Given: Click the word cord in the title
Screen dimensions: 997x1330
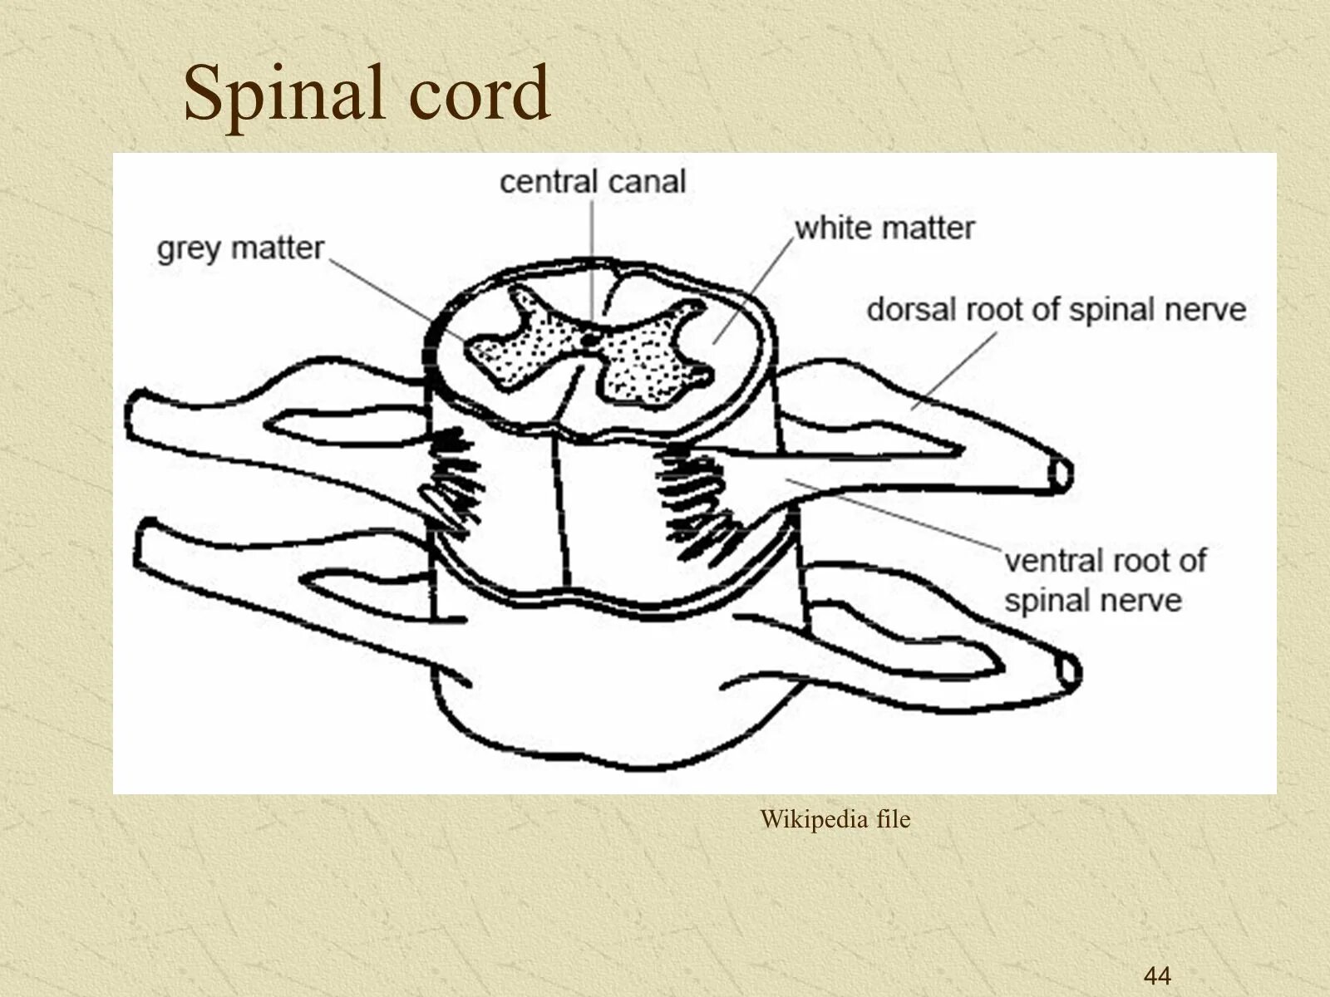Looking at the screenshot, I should (x=479, y=93).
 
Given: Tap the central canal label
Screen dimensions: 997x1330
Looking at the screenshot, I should (x=593, y=182).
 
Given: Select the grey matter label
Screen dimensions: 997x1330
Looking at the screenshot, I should (x=240, y=248).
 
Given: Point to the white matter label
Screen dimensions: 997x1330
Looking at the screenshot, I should (x=884, y=228).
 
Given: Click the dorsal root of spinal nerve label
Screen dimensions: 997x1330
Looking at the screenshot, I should (x=1056, y=310).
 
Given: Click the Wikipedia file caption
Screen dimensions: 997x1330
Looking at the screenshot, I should (x=835, y=820).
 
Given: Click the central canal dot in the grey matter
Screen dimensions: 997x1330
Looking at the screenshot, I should (x=589, y=338).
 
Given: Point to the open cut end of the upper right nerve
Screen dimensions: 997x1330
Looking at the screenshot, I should (x=1062, y=474).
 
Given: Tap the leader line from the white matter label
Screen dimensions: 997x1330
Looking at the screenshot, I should (x=752, y=287).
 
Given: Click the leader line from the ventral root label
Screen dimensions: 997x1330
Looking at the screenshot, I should (x=898, y=515).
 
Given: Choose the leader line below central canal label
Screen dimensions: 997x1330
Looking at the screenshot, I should (x=592, y=249).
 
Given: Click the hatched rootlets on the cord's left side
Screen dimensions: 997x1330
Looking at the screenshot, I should (x=453, y=482).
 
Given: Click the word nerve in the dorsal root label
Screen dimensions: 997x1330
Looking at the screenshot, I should (x=1205, y=310).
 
